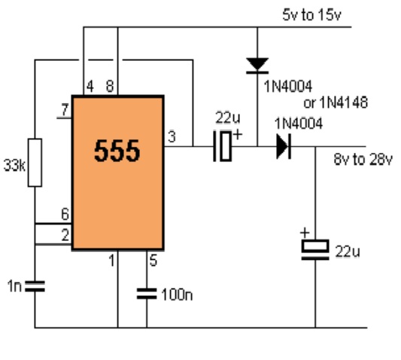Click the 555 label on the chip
click(117, 151)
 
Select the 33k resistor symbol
click(35, 163)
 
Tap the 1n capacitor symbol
click(35, 286)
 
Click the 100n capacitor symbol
click(147, 294)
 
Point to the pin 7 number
click(65, 110)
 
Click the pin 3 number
click(172, 137)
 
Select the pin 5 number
click(153, 261)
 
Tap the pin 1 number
click(112, 261)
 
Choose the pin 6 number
click(65, 214)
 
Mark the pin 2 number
click(65, 235)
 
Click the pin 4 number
click(90, 87)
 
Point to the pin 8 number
click(110, 87)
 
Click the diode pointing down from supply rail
click(257, 66)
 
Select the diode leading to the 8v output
click(284, 146)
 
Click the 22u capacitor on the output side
click(315, 250)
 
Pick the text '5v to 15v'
click(311, 15)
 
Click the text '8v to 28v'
click(363, 159)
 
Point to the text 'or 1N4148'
click(336, 102)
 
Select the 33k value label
click(14, 166)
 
